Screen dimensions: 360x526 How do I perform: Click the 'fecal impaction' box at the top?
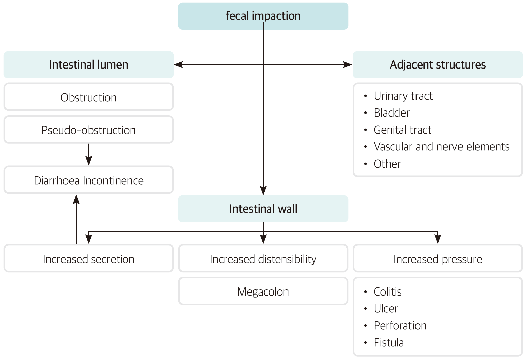pos(263,16)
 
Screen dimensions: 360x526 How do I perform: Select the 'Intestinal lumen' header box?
pos(88,64)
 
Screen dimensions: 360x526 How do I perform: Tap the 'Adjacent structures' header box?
pos(437,64)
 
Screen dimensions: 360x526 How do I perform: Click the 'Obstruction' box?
pos(88,97)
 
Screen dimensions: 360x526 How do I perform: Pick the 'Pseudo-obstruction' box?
pos(88,130)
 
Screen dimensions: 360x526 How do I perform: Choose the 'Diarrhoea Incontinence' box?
pos(88,180)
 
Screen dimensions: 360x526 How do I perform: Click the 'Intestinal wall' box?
pos(263,209)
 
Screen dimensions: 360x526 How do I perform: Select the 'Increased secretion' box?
pos(88,259)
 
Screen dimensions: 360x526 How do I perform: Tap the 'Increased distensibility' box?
pos(263,259)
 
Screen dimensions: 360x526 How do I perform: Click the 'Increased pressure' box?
pos(437,259)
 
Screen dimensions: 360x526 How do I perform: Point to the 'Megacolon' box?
pos(263,291)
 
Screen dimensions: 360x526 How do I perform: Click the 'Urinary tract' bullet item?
pos(403,96)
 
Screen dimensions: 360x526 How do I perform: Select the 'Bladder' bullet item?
pos(391,113)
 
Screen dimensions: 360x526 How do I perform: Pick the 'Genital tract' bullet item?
pos(402,130)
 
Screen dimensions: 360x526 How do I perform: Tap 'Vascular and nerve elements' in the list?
pos(441,147)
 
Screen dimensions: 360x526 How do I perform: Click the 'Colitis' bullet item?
pos(387,291)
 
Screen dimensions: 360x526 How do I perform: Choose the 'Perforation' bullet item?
pos(400,325)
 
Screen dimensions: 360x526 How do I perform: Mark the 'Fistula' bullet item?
pos(389,343)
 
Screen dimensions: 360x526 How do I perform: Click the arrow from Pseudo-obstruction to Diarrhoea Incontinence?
pos(89,154)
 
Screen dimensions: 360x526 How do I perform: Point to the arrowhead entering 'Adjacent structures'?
pos(348,65)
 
